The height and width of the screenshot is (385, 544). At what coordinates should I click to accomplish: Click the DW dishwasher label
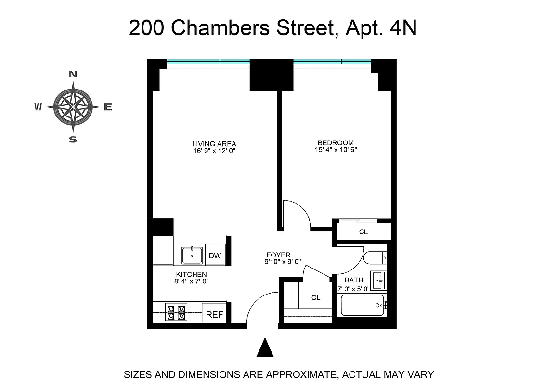215,256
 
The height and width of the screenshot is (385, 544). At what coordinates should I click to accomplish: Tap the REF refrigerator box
215,315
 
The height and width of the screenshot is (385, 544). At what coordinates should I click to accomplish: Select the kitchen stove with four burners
176,312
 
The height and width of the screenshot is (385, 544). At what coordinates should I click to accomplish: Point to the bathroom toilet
375,258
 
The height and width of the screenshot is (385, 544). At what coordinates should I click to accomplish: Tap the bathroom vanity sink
377,279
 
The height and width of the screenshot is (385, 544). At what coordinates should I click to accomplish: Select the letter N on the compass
73,74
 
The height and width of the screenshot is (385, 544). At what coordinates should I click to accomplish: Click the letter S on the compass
73,140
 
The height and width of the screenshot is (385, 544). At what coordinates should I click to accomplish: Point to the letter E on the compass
108,107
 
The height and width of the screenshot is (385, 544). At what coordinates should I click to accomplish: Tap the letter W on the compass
38,107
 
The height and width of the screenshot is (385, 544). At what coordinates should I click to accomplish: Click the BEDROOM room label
336,143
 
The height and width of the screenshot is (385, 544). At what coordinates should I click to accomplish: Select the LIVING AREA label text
214,144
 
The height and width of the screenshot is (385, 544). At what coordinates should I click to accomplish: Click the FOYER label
279,255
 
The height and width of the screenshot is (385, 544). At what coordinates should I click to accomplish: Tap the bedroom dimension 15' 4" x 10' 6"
336,150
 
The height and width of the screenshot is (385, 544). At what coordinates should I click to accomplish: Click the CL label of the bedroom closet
363,232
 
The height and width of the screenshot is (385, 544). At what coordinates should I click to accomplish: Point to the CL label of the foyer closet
316,298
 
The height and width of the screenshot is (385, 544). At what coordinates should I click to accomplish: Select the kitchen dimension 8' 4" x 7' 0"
191,281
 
